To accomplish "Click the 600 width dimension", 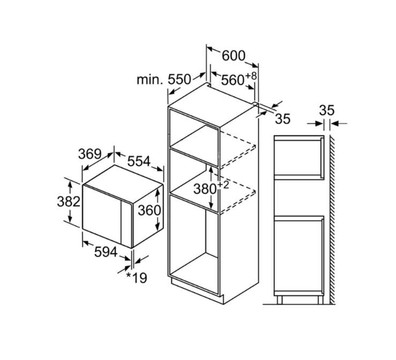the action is pyautogui.click(x=233, y=56).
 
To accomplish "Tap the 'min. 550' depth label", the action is pyautogui.click(x=164, y=79).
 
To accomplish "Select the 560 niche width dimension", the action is pyautogui.click(x=233, y=80).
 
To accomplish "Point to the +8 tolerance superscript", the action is pyautogui.click(x=251, y=76).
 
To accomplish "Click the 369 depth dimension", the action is pyautogui.click(x=89, y=153).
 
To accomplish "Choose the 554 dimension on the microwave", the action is pyautogui.click(x=139, y=161).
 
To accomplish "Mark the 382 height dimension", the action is pyautogui.click(x=69, y=202).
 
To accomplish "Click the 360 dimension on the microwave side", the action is pyautogui.click(x=150, y=210).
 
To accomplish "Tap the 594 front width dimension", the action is pyautogui.click(x=106, y=252).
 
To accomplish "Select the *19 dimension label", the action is pyautogui.click(x=137, y=278).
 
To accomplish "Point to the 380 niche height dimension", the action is pyautogui.click(x=205, y=189).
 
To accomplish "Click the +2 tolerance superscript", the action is pyautogui.click(x=223, y=185).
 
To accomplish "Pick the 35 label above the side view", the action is pyautogui.click(x=326, y=110).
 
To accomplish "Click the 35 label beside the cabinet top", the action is pyautogui.click(x=282, y=119).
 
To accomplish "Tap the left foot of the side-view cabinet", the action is pyautogui.click(x=279, y=300).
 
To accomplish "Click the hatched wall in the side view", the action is pyautogui.click(x=332, y=220).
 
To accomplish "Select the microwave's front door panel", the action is pyautogui.click(x=102, y=214).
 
